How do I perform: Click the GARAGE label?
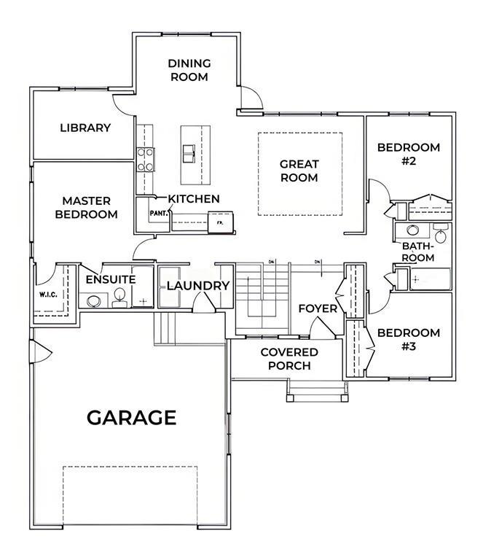(x=132, y=417)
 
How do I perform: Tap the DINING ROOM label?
(x=189, y=70)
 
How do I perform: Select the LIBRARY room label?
(x=85, y=128)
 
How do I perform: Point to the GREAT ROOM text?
(x=299, y=171)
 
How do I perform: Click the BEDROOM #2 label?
(x=409, y=154)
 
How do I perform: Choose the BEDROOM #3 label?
(x=409, y=339)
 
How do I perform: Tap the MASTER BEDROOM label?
(x=86, y=208)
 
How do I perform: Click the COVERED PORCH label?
(x=289, y=359)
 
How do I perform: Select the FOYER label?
(x=318, y=308)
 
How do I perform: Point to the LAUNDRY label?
(x=198, y=286)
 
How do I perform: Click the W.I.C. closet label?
(x=48, y=295)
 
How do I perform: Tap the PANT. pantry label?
(x=159, y=213)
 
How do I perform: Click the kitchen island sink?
(x=189, y=153)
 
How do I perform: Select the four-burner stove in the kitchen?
(x=146, y=160)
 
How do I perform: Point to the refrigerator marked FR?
(x=221, y=222)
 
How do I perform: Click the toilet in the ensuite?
(x=119, y=298)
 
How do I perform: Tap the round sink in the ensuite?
(x=93, y=301)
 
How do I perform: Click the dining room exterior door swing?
(x=252, y=97)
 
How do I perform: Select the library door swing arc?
(x=123, y=105)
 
